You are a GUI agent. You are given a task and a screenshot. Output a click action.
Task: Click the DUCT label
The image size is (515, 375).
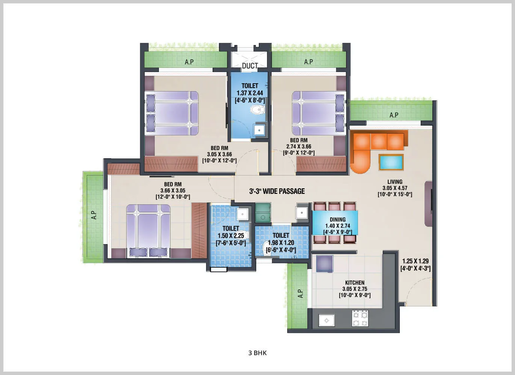250,66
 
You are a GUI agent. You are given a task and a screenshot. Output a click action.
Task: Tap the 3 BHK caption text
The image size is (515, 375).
257,353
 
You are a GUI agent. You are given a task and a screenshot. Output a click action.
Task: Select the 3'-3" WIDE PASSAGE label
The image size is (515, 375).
277,191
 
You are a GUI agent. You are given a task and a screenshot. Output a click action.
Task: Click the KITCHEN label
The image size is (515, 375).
355,283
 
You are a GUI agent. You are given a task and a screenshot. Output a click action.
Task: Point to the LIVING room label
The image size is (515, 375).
395,182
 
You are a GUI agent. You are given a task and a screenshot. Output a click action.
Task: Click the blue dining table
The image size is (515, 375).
335,223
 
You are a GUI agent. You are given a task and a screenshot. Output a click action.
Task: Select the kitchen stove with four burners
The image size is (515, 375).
360,319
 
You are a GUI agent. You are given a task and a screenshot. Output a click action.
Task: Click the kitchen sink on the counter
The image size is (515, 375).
327,321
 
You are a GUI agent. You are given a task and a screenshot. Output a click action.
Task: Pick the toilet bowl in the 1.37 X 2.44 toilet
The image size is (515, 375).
257,110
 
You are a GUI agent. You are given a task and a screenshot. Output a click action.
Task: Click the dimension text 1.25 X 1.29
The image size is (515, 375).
415,261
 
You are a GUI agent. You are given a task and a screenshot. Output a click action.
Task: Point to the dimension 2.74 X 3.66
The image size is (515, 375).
299,147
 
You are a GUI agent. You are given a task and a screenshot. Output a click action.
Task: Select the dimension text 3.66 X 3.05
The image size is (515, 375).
173,190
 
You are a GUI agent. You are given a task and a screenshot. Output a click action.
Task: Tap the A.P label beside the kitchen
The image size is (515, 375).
300,294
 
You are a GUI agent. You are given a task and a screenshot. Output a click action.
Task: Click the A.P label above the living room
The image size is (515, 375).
394,115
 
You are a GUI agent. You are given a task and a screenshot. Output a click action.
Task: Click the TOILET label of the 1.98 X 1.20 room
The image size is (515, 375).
281,235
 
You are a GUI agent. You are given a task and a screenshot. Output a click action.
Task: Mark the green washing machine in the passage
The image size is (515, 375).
263,213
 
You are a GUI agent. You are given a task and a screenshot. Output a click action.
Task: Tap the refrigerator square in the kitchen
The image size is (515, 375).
324,264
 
